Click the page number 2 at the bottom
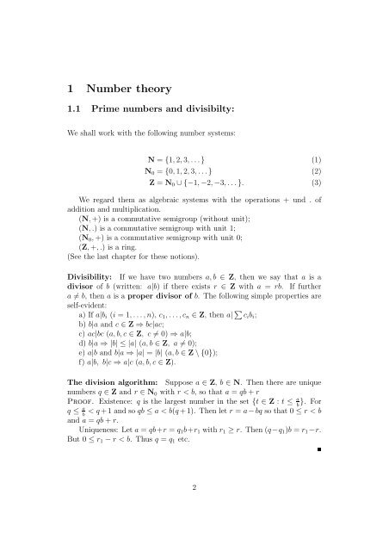[194, 510]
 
